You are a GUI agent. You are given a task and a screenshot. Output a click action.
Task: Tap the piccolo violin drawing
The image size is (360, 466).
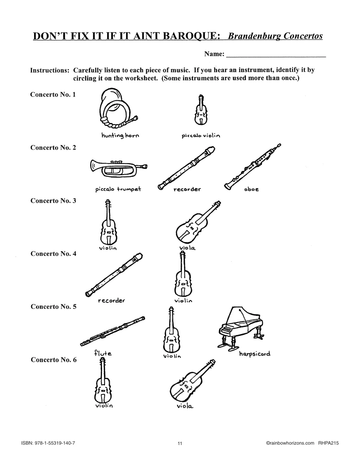tap(201, 110)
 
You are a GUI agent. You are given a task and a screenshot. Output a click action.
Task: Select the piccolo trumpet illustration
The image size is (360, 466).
tap(118, 169)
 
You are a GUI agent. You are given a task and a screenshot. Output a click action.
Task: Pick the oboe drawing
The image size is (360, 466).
tap(253, 166)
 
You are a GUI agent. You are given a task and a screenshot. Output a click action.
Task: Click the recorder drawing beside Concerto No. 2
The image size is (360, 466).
tap(186, 168)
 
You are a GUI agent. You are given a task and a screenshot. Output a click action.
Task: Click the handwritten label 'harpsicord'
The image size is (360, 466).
tap(255, 354)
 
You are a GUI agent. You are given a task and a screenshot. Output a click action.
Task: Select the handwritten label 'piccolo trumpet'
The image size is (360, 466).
tap(118, 189)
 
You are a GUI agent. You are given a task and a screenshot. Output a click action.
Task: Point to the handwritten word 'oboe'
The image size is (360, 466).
tap(251, 189)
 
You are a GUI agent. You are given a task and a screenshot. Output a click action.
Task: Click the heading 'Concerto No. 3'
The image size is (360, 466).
tap(53, 201)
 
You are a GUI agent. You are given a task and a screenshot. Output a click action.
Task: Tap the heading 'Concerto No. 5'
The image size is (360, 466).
tap(53, 307)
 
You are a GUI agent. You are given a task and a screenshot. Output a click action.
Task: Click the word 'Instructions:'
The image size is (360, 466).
tap(50, 70)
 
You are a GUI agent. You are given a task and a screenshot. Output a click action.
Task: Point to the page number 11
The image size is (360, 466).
tap(180, 444)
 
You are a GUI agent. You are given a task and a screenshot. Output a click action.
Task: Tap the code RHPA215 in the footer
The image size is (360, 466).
tap(328, 443)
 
